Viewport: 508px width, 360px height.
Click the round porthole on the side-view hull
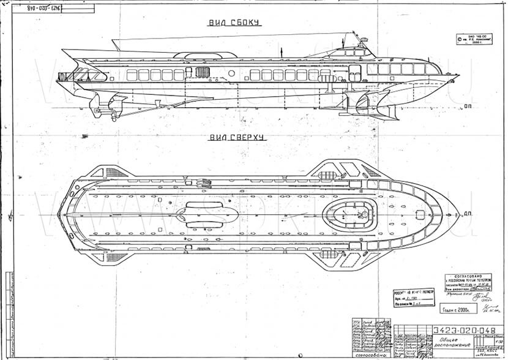(231, 73)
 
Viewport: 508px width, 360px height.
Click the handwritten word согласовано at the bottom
(369, 354)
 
